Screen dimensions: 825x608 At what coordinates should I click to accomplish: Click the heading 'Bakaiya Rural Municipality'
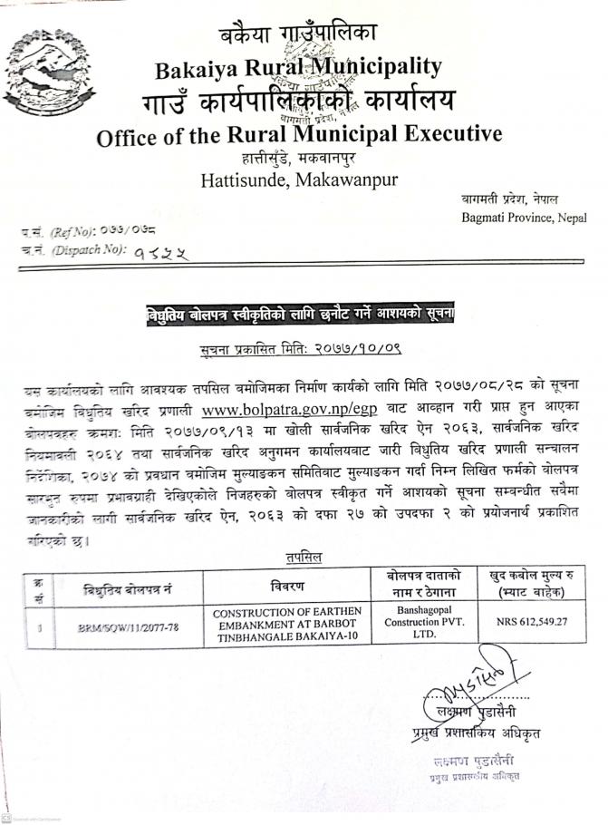click(298, 66)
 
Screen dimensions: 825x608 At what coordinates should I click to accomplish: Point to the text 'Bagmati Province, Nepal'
click(523, 218)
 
